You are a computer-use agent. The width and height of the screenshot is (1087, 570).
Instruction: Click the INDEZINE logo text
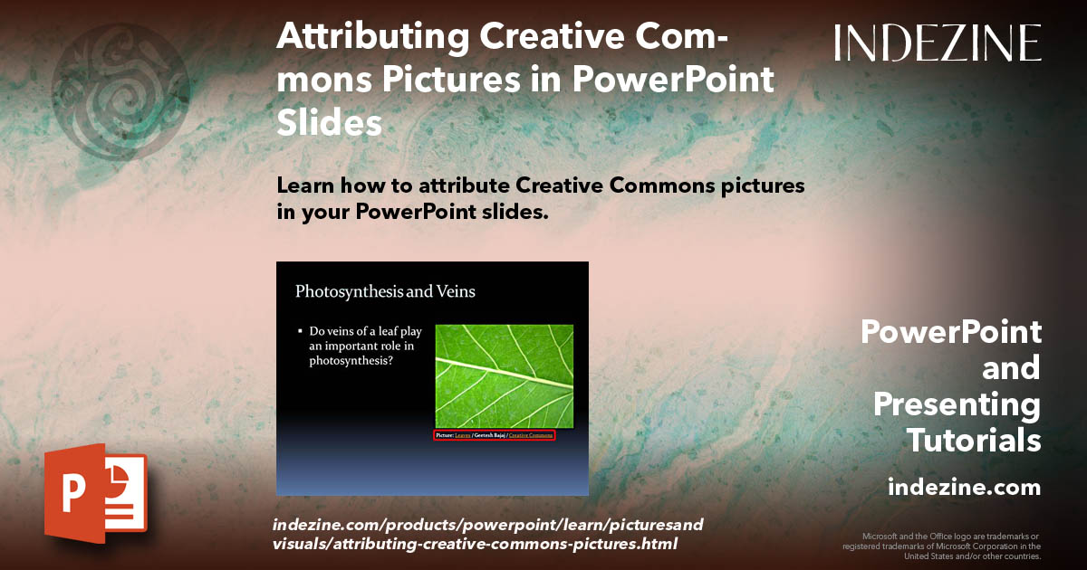coord(938,43)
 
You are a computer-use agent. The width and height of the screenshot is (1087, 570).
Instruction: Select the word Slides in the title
coord(329,122)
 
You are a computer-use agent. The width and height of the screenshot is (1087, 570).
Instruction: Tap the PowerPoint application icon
coord(94,493)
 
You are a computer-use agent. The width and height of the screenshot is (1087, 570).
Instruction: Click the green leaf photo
coord(504,375)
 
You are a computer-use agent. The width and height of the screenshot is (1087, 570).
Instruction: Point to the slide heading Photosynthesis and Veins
coord(385,291)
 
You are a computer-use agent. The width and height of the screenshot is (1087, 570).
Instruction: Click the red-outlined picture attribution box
coord(494,435)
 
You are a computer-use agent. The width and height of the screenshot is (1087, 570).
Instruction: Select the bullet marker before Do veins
coord(301,332)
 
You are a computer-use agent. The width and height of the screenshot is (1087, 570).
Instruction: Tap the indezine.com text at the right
coord(964,488)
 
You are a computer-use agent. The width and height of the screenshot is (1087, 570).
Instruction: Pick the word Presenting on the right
coord(957,404)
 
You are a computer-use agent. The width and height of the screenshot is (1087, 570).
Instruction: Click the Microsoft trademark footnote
coord(942,546)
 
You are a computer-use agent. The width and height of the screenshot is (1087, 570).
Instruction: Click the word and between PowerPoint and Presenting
coord(1011,368)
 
